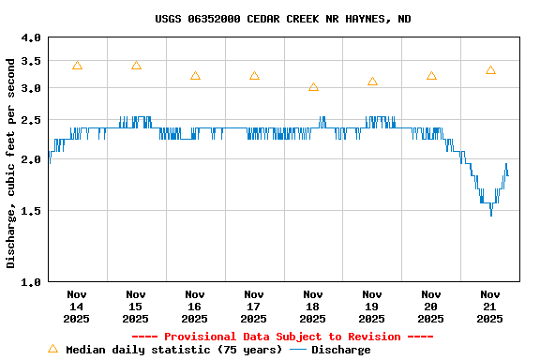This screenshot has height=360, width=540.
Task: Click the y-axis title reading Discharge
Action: pos(11,162)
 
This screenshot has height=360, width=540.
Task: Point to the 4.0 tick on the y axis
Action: pos(31,37)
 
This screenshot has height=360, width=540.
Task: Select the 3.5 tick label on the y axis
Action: pos(31,61)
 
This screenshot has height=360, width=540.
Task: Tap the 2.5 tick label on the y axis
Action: pos(31,120)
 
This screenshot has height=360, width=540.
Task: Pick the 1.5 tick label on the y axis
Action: pos(31,211)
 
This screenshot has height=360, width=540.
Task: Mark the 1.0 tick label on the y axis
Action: pos(31,281)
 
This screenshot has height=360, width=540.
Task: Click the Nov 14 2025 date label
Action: pos(77,306)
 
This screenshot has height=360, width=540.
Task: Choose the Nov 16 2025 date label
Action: pos(195,306)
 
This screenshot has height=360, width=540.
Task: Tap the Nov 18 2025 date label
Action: pos(313,306)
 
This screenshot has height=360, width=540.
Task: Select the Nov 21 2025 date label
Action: pos(490,306)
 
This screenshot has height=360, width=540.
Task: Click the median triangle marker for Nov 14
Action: pos(77,66)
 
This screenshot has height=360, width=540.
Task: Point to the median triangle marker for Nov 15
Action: pos(136,66)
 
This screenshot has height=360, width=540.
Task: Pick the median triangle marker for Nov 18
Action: pos(313,87)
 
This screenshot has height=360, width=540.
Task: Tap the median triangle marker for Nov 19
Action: pos(372,82)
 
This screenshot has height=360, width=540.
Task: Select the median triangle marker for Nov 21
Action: pos(490,70)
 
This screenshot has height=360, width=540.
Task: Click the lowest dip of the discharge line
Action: pos(490,215)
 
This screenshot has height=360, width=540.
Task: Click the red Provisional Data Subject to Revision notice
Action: pos(282,337)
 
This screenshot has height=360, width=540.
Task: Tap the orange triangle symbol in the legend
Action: pos(52,349)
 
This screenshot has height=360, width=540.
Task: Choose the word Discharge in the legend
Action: pos(340,350)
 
